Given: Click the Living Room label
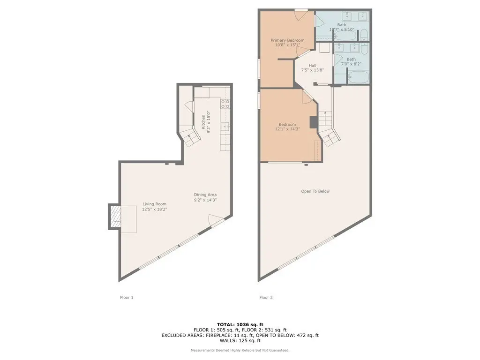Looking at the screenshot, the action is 154,204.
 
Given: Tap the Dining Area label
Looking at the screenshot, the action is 205,195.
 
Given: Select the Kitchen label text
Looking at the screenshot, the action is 203,121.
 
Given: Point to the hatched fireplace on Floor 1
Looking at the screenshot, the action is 116,217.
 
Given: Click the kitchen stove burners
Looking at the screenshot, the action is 225,104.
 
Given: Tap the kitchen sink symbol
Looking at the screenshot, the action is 225,126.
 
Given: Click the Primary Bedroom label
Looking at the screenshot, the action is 287,40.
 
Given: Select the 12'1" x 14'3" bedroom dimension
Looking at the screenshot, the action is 287,129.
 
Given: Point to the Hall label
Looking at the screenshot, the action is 313,65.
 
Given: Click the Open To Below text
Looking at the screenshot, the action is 315,191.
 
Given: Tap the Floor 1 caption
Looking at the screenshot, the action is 127,297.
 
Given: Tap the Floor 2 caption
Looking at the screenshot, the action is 266,297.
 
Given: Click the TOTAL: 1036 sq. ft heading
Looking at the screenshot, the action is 240,324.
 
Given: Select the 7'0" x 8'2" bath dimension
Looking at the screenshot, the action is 351,64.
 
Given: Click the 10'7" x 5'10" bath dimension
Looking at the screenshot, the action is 342,30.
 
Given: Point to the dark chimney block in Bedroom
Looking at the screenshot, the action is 314,122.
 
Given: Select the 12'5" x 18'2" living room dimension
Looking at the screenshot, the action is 154,210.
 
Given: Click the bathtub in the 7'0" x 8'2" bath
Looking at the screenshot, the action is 358,77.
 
